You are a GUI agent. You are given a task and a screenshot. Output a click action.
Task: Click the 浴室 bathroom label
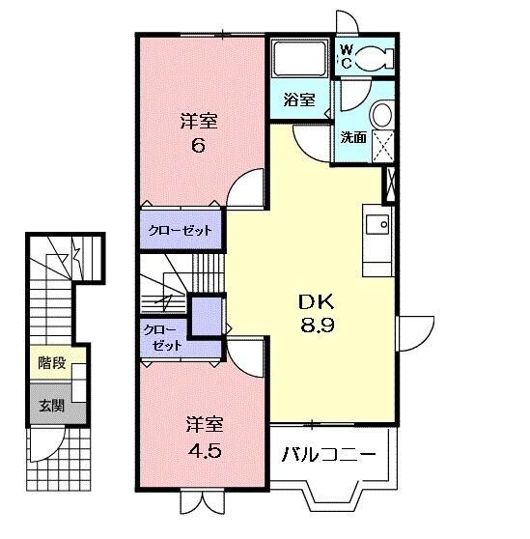tap(299, 99)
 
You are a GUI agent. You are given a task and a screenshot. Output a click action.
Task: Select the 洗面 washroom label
tap(353, 137)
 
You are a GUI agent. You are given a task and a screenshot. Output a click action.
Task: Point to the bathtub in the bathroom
tap(299, 61)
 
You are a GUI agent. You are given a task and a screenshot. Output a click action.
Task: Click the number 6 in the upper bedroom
tap(199, 147)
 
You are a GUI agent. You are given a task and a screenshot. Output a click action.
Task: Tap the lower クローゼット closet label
tap(161, 337)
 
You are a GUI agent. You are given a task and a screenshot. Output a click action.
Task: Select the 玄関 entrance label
tap(52, 406)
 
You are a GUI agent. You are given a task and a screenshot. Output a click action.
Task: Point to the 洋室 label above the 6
tap(199, 122)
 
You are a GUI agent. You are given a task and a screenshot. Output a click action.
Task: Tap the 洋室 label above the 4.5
tap(204, 425)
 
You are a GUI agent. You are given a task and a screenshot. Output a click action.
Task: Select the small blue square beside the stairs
tap(205, 315)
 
